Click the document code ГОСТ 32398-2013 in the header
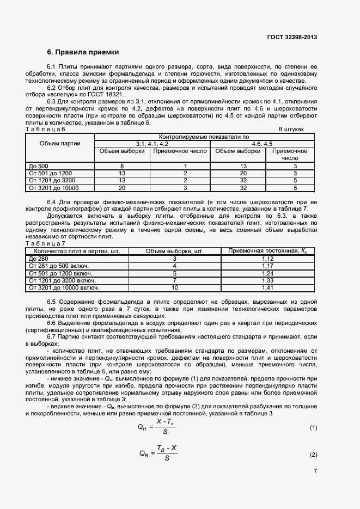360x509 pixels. click(x=292, y=37)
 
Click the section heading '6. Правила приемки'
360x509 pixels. click(x=82, y=52)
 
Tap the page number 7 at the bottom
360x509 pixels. click(x=315, y=471)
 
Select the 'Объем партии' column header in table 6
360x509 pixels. click(x=60, y=144)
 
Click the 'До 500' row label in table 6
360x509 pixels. click(x=39, y=165)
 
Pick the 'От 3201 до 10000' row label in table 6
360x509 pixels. click(x=53, y=188)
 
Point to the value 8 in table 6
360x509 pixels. click(x=122, y=165)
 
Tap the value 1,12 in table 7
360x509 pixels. click(x=267, y=258)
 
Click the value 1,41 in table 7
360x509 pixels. click(x=267, y=287)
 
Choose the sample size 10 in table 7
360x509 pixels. click(x=175, y=287)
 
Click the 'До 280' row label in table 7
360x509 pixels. click(x=38, y=258)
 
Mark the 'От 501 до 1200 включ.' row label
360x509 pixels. click(x=60, y=273)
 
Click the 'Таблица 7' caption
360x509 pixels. click(x=46, y=243)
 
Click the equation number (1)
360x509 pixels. click(x=313, y=427)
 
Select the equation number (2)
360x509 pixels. click(x=313, y=455)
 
